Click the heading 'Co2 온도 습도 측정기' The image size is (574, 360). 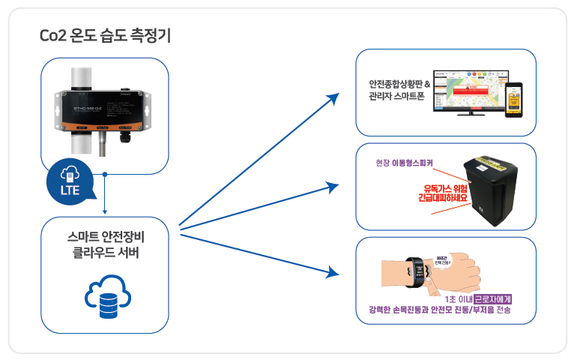(105, 35)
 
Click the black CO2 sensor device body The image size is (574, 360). (104, 110)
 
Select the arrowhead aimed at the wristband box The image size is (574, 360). (336, 271)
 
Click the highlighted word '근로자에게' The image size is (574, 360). (498, 298)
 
